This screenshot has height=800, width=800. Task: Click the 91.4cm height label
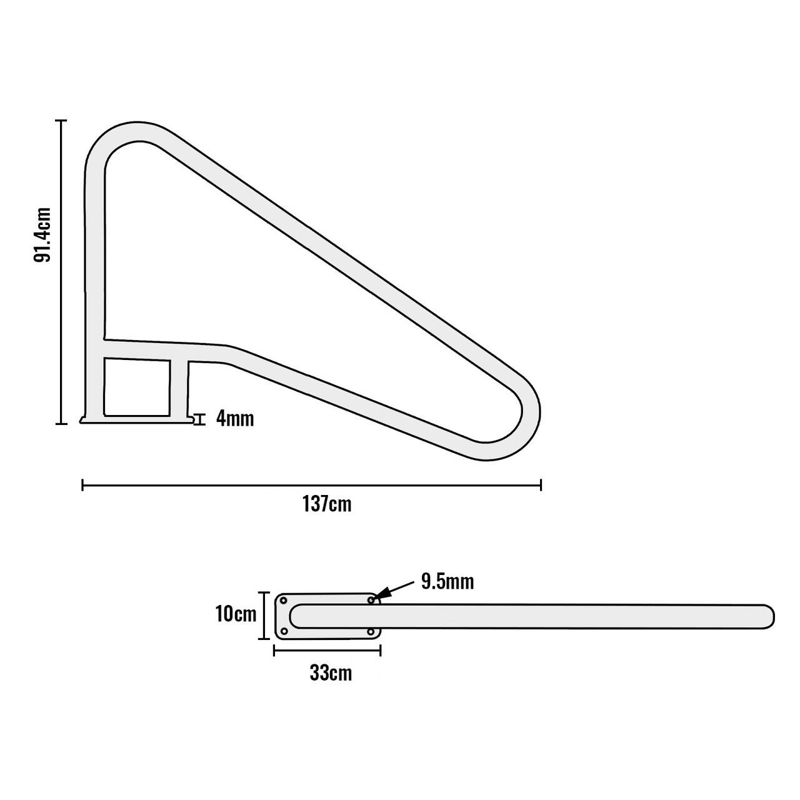point(42,234)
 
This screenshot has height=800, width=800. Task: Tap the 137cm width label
point(327,504)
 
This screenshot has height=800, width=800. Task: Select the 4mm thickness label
point(234,419)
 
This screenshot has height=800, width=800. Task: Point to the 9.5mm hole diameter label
point(447,582)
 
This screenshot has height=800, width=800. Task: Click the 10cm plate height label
point(236,614)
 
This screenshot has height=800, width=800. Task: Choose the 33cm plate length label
point(331,674)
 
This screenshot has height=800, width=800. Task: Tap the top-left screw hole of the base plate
point(284,600)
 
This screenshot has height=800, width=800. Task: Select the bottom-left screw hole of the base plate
point(284,631)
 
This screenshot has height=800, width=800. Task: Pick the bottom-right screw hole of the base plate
point(371,631)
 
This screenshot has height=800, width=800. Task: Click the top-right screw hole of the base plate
point(371,600)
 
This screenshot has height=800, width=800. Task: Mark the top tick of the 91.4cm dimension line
point(61,121)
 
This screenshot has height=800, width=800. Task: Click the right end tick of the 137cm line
point(541,484)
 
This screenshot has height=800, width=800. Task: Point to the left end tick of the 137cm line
point(82,484)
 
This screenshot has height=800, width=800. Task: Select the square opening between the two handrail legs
point(137,387)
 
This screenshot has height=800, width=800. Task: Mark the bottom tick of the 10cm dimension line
point(264,639)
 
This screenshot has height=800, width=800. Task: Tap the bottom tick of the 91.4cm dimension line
point(61,424)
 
